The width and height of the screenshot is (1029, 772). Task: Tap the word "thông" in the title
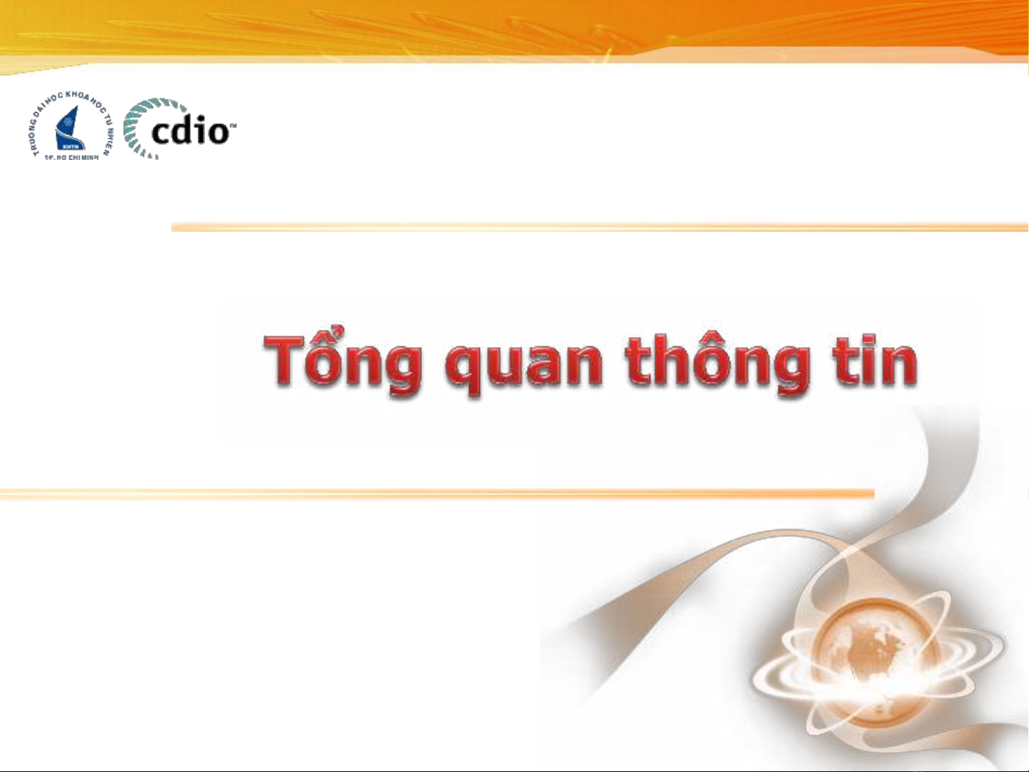(718, 364)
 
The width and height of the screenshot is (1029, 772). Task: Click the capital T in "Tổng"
(287, 360)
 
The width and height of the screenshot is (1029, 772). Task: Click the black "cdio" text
(191, 128)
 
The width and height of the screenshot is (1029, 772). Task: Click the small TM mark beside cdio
(234, 125)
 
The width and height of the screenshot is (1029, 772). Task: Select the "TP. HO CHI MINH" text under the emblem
(71, 158)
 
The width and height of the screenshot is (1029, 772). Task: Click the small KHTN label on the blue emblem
(64, 146)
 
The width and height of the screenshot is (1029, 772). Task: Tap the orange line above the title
(600, 227)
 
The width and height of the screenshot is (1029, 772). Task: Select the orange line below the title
(437, 493)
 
